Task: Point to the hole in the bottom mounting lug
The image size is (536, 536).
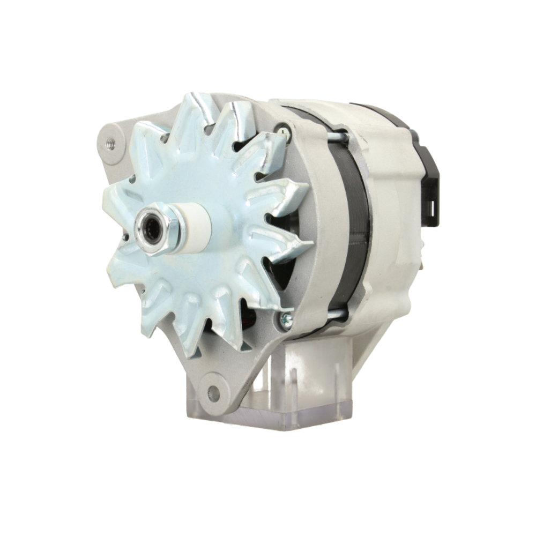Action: click(x=213, y=394)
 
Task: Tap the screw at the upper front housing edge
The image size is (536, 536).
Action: click(x=282, y=129)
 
